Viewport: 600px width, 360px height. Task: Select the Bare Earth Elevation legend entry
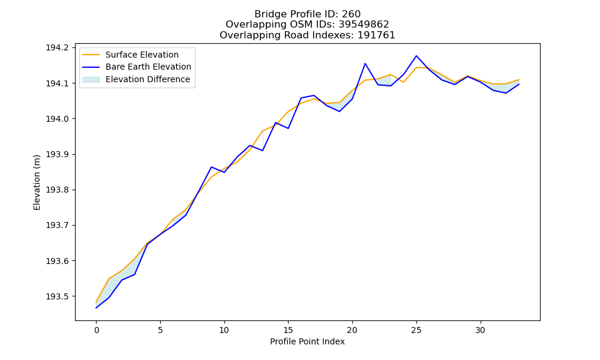click(x=137, y=67)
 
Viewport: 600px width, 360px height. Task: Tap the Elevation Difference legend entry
click(x=136, y=79)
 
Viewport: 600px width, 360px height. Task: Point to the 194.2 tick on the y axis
click(x=58, y=48)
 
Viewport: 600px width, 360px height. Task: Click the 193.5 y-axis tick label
click(x=58, y=296)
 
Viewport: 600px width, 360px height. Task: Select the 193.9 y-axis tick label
click(x=58, y=155)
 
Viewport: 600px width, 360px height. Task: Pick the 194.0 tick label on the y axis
click(x=58, y=119)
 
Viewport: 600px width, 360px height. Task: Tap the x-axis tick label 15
click(x=288, y=330)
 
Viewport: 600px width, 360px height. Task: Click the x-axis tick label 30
click(x=480, y=330)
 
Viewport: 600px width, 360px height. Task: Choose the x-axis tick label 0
click(x=97, y=330)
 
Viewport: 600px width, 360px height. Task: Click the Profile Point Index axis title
click(x=307, y=341)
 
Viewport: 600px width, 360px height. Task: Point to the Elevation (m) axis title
click(x=37, y=182)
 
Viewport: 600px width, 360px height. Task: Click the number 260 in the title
click(x=351, y=14)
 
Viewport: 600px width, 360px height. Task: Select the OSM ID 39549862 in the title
click(x=364, y=25)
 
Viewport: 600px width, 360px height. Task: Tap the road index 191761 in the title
click(x=376, y=35)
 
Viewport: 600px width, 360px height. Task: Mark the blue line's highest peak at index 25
click(x=416, y=56)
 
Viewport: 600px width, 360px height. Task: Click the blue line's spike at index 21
click(x=365, y=64)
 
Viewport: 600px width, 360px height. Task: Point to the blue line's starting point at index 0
click(x=96, y=308)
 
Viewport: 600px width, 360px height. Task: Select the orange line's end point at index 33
click(x=519, y=80)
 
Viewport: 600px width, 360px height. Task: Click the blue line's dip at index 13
click(x=263, y=151)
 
